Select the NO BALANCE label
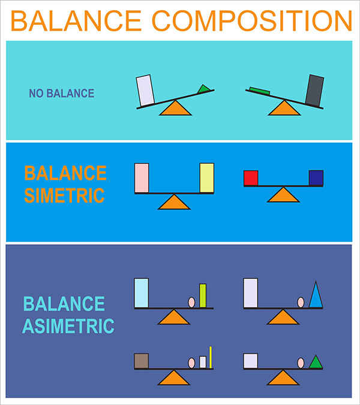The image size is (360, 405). pos(62,94)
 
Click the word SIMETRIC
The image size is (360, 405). pos(64,195)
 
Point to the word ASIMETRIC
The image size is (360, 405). pos(68,326)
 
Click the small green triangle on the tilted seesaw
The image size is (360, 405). pos(204,89)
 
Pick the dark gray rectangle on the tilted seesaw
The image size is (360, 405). pos(314,90)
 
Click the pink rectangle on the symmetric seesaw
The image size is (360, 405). pos(142,178)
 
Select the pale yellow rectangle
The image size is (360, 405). pos(206,178)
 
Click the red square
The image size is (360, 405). pos(251,178)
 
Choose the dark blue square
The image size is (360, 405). pos(316,178)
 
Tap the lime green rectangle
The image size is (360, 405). pos(203,295)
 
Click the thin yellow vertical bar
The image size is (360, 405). pos(211,357)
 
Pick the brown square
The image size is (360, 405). pos(142,361)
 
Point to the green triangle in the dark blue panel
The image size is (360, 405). pos(316,362)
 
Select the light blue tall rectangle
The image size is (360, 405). pos(142,293)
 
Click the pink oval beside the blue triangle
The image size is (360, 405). pos(301,302)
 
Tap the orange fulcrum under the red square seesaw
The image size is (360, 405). pos(283,194)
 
